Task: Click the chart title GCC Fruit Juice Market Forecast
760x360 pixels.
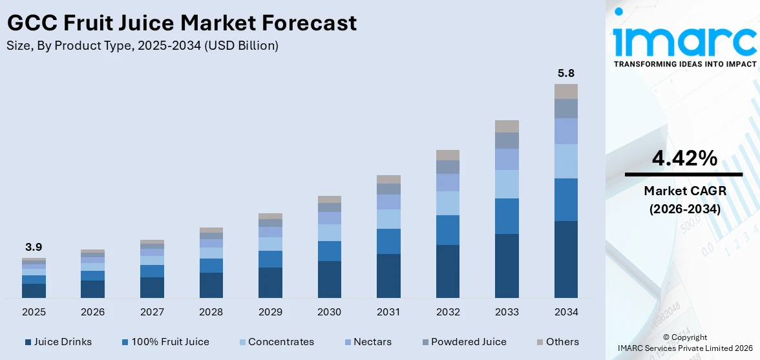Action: [x=182, y=23]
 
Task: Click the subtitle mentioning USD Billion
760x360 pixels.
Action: [x=143, y=46]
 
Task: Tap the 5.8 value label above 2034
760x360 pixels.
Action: [x=566, y=73]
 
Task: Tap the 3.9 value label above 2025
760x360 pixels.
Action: [x=34, y=247]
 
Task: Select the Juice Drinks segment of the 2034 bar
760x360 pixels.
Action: [x=566, y=259]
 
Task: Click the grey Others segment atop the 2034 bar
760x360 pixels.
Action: [x=566, y=91]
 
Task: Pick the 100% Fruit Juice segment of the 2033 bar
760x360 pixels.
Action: [x=507, y=216]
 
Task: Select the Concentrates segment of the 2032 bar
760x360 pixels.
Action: [x=448, y=203]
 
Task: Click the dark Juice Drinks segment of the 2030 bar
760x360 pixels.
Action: [x=330, y=279]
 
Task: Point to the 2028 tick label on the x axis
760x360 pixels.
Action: [x=211, y=312]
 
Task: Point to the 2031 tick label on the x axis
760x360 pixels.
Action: [x=388, y=312]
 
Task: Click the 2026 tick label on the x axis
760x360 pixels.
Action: [x=93, y=312]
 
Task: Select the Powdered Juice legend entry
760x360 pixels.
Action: [x=469, y=342]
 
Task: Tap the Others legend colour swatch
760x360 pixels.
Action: [x=540, y=342]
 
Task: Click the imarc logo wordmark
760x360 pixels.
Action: [x=684, y=41]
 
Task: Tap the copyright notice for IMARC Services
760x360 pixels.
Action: [x=684, y=343]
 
